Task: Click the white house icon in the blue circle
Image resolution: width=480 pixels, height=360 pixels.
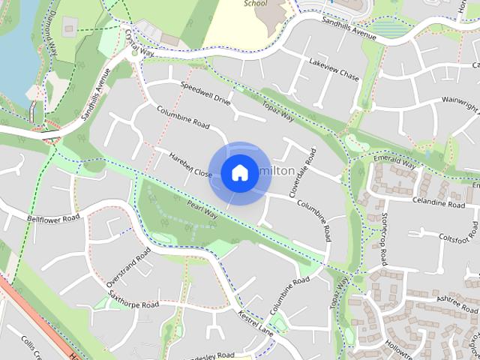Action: pos(238,173)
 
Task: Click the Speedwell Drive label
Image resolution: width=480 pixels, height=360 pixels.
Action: pos(205,93)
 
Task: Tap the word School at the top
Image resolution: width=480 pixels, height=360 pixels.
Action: pos(255,3)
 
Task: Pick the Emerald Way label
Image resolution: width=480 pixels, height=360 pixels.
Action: pos(393,162)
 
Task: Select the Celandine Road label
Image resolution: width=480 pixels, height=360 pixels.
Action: pos(439,203)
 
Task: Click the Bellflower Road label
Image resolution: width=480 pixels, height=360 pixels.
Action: pos(53,218)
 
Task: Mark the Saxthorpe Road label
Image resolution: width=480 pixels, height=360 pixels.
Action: pos(133,301)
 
